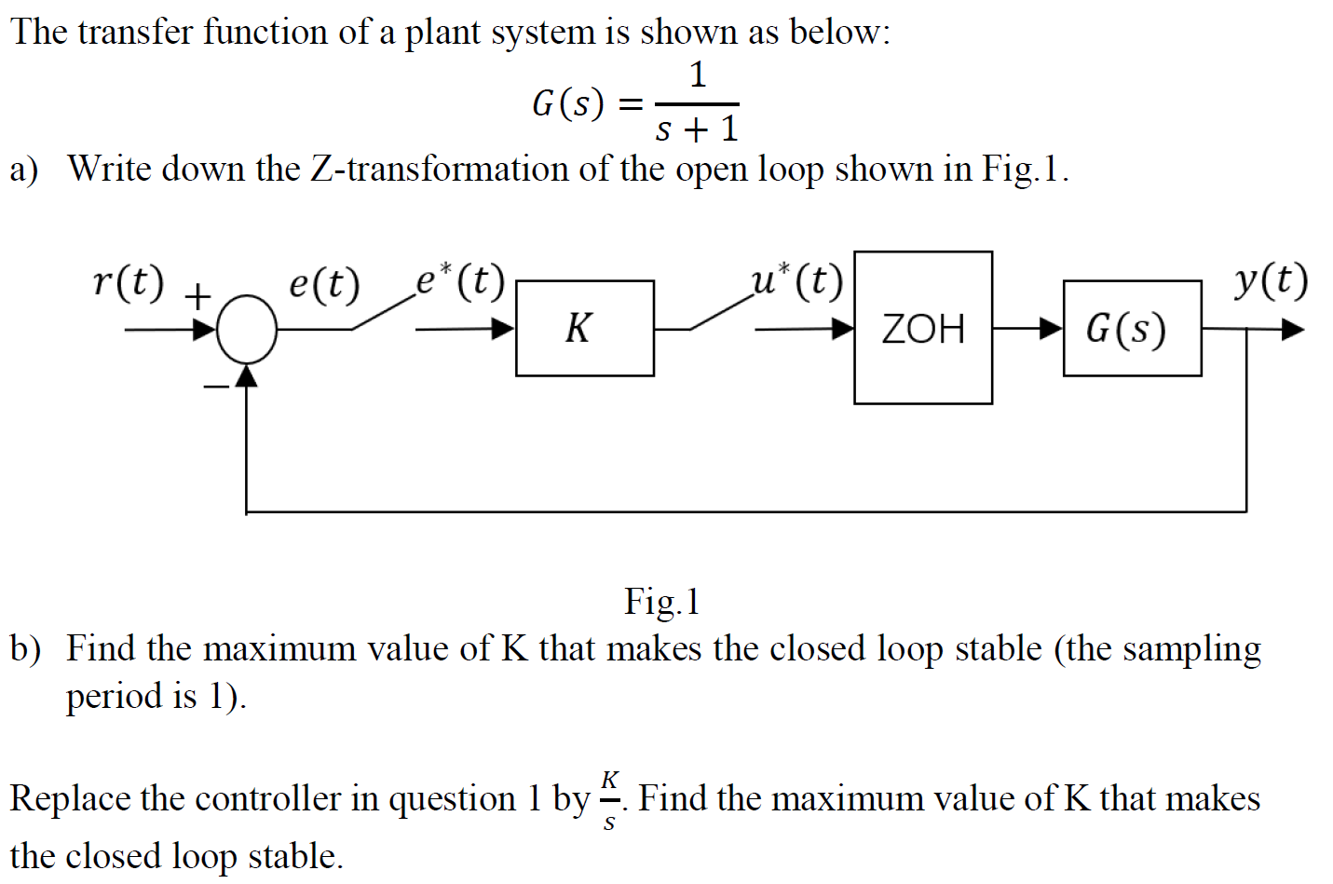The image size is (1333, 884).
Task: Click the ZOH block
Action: coord(922,328)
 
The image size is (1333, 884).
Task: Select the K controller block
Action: coord(584,328)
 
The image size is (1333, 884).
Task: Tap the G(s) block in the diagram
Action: coord(1131,328)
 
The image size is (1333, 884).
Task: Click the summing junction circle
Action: coord(247,328)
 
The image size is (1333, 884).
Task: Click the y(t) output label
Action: coord(1271,279)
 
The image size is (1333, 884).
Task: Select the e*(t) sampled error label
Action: coord(460,279)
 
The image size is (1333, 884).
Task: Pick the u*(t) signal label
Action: coord(797,279)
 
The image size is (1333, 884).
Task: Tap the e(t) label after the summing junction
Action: coord(323,283)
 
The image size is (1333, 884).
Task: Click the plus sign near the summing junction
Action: coord(197,298)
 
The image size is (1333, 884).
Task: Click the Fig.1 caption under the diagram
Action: coord(661,602)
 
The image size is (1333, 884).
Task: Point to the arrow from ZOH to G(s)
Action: coord(1027,328)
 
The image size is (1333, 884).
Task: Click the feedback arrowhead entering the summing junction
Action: coord(246,374)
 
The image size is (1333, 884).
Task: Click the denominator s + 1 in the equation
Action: coord(697,129)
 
